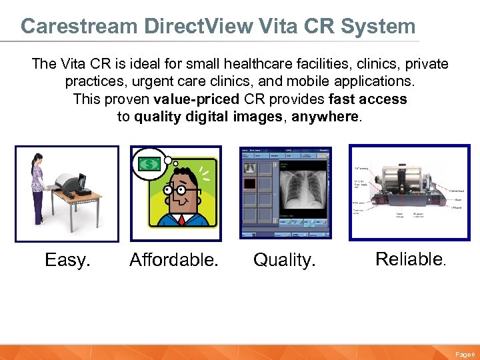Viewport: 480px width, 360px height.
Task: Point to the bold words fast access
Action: click(x=368, y=99)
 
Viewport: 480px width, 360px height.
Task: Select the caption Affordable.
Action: click(x=173, y=259)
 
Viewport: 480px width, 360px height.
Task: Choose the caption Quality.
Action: click(x=284, y=259)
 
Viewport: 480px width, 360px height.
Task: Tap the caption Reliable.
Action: click(x=410, y=259)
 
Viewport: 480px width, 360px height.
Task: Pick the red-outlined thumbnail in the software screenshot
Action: click(x=249, y=183)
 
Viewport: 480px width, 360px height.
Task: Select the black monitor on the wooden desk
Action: click(x=83, y=181)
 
